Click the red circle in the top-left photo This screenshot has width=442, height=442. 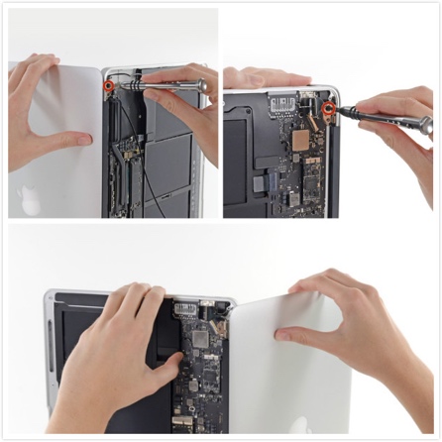coord(108,85)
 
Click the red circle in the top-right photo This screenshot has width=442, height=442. coord(327,108)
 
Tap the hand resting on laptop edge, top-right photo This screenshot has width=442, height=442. coord(258,76)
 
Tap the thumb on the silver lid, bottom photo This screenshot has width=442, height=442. coord(289,335)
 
